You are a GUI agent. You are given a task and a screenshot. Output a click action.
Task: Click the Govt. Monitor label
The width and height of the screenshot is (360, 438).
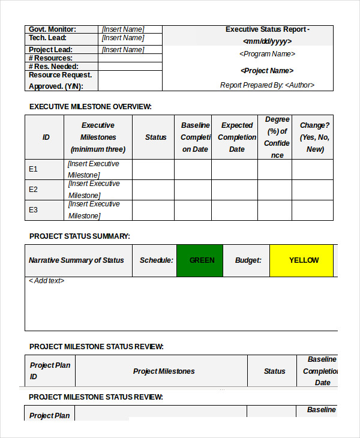coord(53,29)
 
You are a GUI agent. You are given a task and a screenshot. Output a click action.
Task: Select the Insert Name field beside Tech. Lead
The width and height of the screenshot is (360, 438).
coord(123,38)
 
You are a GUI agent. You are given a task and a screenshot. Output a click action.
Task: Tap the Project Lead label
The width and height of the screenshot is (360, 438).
coord(50,50)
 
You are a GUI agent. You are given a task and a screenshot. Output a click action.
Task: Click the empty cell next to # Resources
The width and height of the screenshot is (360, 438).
coord(130,58)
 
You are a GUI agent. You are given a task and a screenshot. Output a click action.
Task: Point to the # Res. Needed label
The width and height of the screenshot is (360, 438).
coord(53,67)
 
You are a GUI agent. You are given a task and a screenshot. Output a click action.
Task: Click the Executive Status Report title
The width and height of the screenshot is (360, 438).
coord(267,29)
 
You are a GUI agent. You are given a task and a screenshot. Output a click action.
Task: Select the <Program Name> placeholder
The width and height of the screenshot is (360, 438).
coord(267,54)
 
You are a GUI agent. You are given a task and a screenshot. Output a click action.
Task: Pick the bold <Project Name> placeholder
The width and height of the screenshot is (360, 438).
coord(267,71)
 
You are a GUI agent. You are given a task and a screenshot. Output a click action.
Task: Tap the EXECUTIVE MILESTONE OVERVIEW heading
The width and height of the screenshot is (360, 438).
coord(91,107)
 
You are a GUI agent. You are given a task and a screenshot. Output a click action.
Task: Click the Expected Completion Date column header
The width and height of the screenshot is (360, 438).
coord(237,137)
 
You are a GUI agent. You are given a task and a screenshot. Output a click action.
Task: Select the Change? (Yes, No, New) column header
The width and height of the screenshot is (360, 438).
coord(315,137)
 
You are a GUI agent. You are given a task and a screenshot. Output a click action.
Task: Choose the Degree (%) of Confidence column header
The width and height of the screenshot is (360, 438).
coord(277,137)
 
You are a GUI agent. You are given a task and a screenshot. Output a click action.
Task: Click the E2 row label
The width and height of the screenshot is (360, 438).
coord(34,190)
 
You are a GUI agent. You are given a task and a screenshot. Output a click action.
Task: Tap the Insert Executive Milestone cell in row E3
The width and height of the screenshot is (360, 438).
coord(94,210)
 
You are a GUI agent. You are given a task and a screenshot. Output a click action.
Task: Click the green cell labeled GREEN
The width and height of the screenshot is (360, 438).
coord(202,260)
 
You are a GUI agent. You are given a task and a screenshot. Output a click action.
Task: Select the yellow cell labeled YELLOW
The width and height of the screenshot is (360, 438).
coord(304,260)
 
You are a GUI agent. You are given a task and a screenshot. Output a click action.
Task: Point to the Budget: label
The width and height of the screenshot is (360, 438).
coord(248,260)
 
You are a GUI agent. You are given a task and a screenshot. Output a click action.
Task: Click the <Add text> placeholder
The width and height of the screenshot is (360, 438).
coord(47,281)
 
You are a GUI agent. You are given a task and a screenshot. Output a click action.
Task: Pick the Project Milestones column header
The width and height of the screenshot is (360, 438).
coord(164,371)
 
